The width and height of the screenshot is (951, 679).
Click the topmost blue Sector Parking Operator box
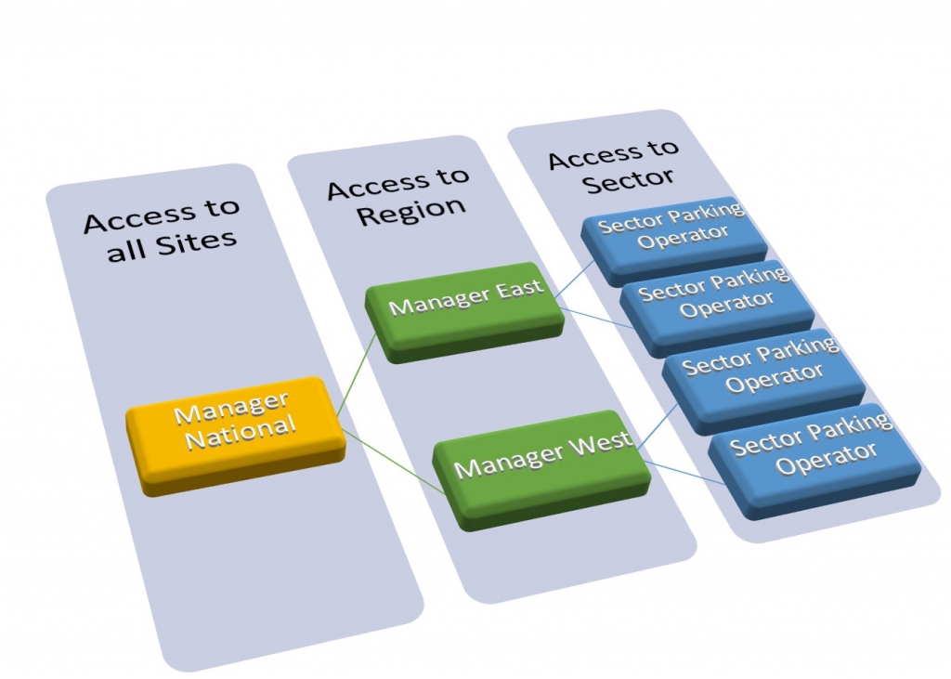point(671,236)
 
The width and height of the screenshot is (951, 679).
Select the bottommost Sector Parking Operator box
point(812,449)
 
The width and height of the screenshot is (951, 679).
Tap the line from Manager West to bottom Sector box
point(683,470)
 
